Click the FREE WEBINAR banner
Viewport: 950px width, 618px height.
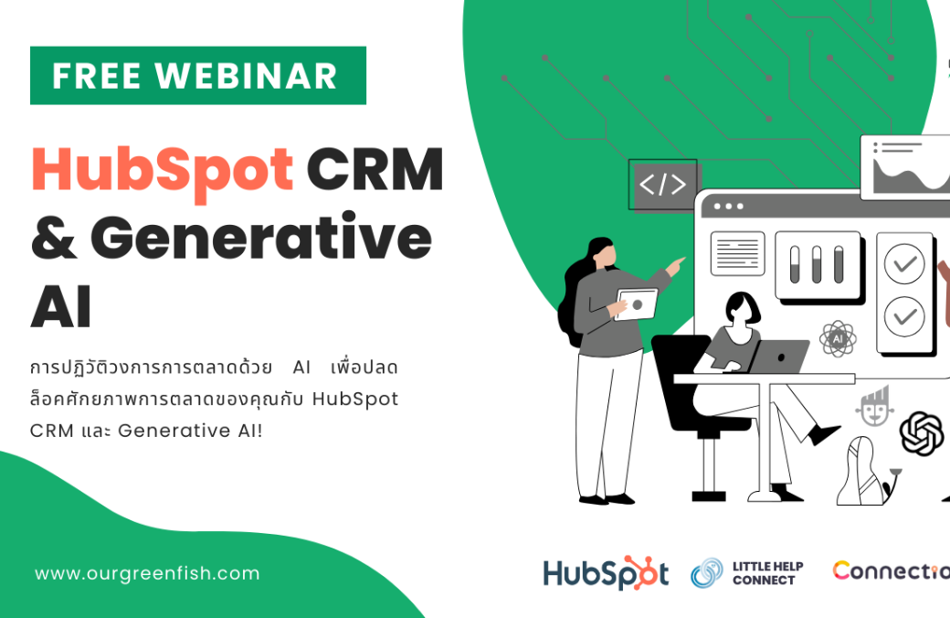(x=198, y=75)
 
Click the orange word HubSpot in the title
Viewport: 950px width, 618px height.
(x=163, y=172)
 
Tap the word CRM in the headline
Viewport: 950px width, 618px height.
(x=375, y=169)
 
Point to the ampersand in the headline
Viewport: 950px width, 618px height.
(x=54, y=237)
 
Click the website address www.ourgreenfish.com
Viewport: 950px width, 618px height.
(x=147, y=573)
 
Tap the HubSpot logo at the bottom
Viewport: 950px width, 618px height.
(x=606, y=572)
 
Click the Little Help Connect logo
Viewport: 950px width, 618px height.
(x=747, y=573)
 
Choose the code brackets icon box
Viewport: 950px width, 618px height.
(x=663, y=185)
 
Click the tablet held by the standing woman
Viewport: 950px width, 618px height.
(x=636, y=304)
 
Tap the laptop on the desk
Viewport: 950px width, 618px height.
(x=778, y=357)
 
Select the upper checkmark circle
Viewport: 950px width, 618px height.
(x=904, y=264)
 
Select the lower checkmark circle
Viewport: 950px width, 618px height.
(x=904, y=316)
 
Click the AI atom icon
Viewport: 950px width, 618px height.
(x=838, y=338)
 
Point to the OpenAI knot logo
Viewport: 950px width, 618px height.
(x=922, y=433)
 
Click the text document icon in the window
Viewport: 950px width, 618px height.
(x=737, y=253)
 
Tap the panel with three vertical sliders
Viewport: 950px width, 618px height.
(x=818, y=265)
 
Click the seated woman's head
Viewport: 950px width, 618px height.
(x=742, y=309)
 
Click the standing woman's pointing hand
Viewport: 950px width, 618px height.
(x=674, y=266)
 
